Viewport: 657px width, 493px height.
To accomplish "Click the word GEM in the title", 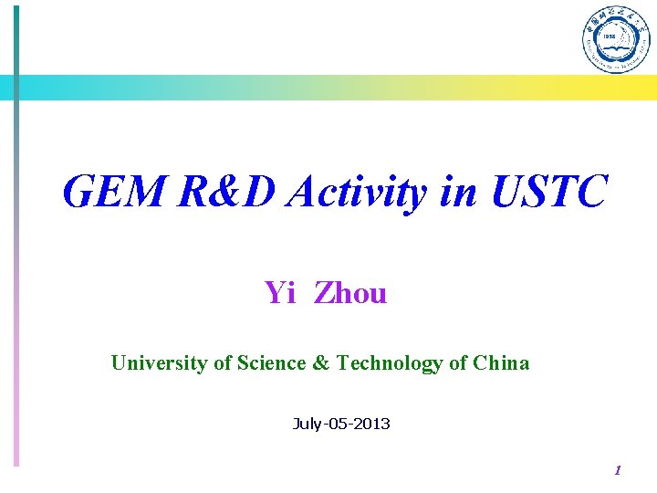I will (115, 192).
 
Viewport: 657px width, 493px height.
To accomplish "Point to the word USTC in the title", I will (547, 192).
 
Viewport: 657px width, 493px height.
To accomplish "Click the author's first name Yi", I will (279, 293).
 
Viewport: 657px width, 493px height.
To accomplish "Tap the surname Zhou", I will (350, 293).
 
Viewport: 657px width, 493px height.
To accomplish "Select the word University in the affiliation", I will (159, 363).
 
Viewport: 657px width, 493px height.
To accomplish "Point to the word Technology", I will (391, 363).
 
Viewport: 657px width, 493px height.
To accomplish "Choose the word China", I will (501, 363).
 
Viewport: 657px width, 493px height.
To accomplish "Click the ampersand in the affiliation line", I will (321, 363).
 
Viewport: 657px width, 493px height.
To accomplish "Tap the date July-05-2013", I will (341, 424).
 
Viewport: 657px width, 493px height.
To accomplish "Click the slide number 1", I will (618, 471).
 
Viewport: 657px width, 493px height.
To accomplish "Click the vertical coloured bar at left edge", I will (16, 274).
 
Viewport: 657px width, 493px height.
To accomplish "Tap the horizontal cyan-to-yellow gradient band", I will (328, 88).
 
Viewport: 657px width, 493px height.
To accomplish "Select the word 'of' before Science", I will (222, 363).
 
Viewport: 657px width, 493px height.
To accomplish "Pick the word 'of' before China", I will (459, 363).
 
